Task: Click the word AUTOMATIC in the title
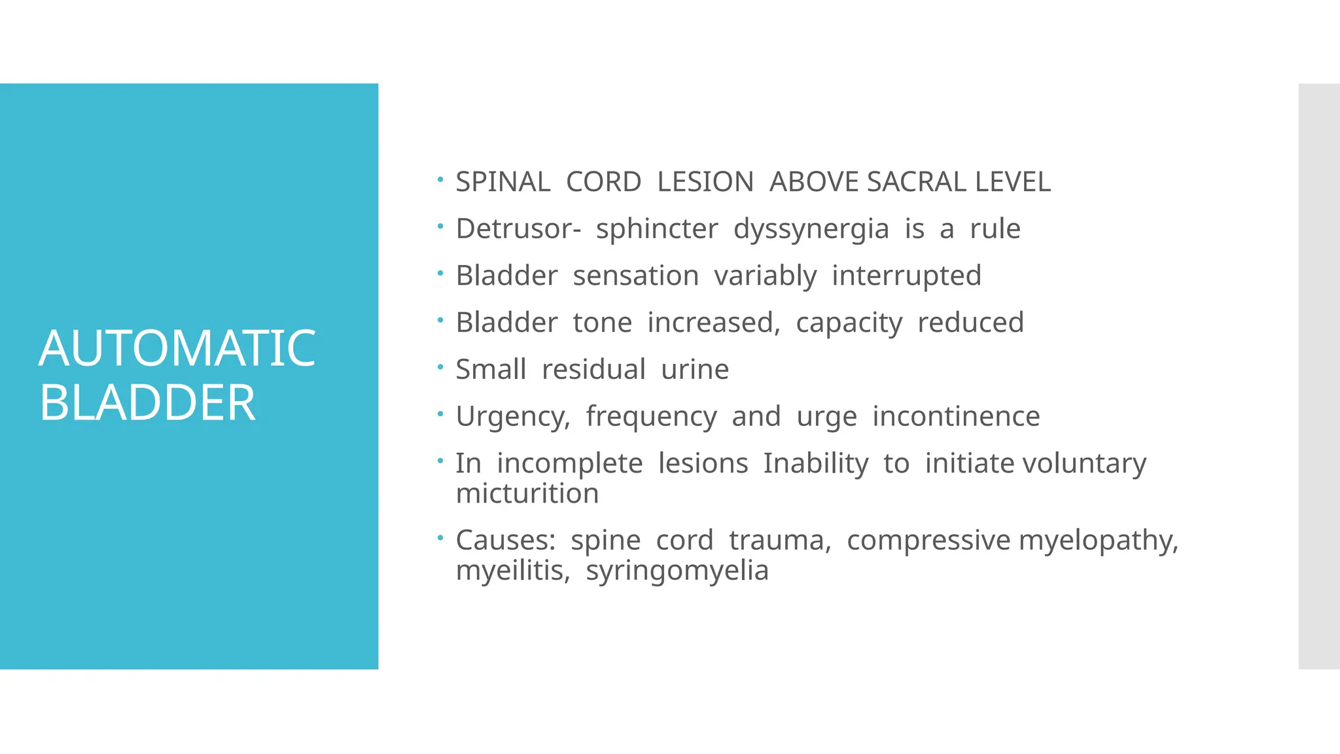tap(177, 348)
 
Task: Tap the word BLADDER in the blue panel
tap(147, 403)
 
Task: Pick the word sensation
tap(635, 276)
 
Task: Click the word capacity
tap(849, 323)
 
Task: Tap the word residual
tap(593, 369)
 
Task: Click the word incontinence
tap(956, 416)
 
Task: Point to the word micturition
tap(527, 494)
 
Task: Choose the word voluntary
tap(1084, 464)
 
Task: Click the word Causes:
tap(505, 541)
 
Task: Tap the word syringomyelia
tap(677, 571)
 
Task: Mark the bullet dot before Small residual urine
tap(441, 367)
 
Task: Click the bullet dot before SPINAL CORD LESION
tap(441, 179)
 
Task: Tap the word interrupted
tap(906, 276)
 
